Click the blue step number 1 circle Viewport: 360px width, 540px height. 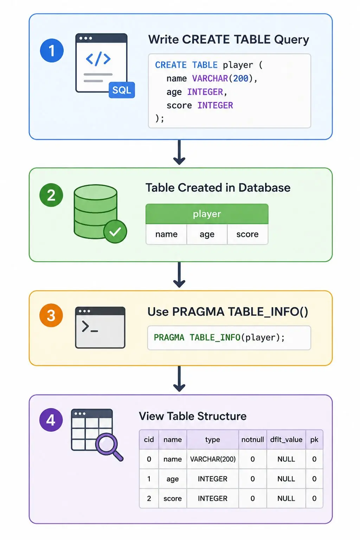(x=52, y=50)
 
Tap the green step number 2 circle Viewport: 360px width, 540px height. (x=51, y=195)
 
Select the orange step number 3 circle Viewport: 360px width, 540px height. (x=51, y=315)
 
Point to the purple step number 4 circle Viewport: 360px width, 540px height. (x=51, y=420)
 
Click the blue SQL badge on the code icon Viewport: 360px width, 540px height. (x=122, y=90)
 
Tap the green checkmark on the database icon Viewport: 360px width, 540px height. (x=115, y=231)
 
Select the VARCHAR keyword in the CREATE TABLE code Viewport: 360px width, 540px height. (x=210, y=78)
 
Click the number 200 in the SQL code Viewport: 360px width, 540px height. (x=240, y=78)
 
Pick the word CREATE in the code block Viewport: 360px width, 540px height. (x=171, y=65)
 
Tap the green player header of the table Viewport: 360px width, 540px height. (x=207, y=214)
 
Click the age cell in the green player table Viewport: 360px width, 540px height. (x=207, y=234)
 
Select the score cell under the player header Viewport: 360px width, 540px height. (x=247, y=234)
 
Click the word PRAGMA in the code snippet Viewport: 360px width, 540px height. (x=169, y=337)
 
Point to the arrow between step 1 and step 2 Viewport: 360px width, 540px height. (x=179, y=152)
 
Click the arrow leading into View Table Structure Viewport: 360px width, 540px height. (x=179, y=379)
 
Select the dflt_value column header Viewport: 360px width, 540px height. (x=286, y=439)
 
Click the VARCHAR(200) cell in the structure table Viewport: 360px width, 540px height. (x=213, y=459)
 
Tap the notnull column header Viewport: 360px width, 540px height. (x=253, y=439)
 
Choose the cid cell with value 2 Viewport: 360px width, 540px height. (x=149, y=498)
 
